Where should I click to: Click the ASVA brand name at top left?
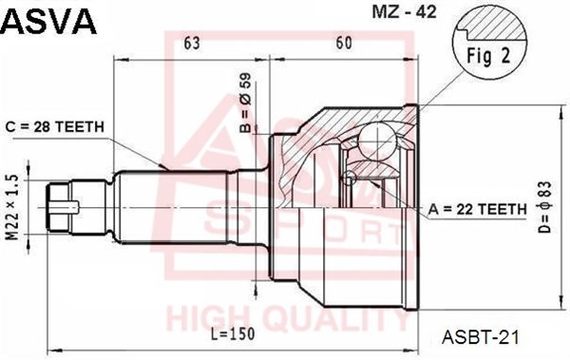(x=49, y=21)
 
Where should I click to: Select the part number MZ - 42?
(x=404, y=12)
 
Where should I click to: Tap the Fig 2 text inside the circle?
(x=488, y=56)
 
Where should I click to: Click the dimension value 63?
(x=192, y=44)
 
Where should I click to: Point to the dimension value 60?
(x=344, y=44)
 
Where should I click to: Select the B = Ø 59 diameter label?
(x=245, y=103)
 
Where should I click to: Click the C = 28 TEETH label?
(x=54, y=126)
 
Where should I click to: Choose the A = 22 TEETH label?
(x=477, y=209)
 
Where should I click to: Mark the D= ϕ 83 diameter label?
(x=545, y=207)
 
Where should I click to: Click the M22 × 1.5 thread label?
(x=12, y=208)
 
